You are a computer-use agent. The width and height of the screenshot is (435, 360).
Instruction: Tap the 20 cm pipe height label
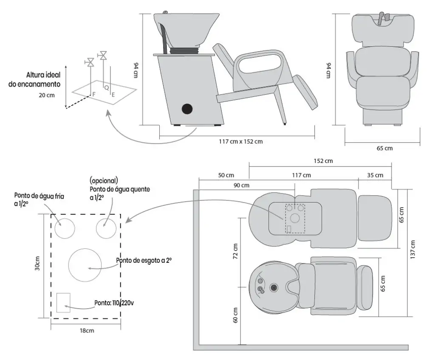[x=47, y=95]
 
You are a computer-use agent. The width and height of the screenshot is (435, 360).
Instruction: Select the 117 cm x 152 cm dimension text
[x=238, y=141]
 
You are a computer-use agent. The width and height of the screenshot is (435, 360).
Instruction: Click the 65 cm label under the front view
[x=384, y=148]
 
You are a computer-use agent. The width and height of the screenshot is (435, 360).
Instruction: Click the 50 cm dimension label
[x=226, y=175]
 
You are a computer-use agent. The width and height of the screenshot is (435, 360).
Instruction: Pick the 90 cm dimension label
[x=241, y=185]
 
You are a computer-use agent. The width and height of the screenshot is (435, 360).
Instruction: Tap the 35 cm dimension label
[x=374, y=175]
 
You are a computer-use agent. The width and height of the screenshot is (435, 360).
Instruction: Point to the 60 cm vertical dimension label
[x=236, y=315]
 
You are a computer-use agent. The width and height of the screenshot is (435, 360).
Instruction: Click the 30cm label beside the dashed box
[x=37, y=264]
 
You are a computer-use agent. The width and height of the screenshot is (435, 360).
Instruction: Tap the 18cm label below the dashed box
[x=87, y=331]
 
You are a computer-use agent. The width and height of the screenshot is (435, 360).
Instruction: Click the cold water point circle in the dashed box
[x=65, y=229]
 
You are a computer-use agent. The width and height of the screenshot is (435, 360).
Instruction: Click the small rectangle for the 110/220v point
[x=63, y=302]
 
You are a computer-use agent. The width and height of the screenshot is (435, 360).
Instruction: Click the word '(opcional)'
[x=104, y=180]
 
